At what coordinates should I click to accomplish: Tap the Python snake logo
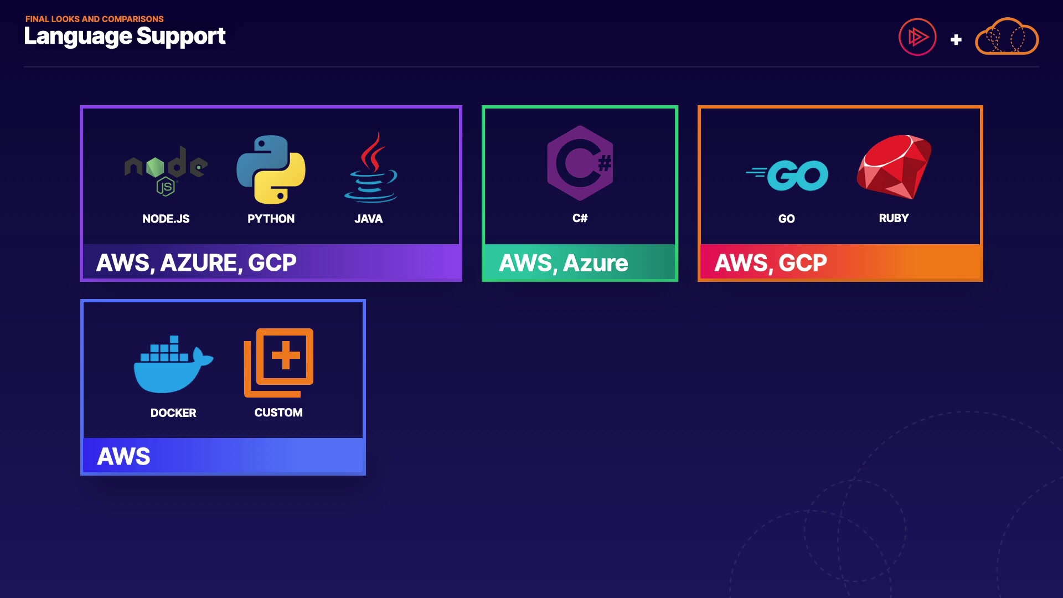[271, 169]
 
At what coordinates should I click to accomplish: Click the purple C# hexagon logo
[580, 163]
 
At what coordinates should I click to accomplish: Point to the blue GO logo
[787, 175]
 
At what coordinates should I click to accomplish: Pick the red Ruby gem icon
[894, 167]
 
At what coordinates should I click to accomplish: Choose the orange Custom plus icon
[278, 363]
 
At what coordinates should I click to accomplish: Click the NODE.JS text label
[166, 219]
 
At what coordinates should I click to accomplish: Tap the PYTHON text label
[271, 219]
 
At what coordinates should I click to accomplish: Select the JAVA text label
[368, 219]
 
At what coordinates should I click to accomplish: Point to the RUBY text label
[894, 218]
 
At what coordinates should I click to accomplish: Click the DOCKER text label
[173, 413]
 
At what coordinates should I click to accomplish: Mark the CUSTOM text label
[278, 413]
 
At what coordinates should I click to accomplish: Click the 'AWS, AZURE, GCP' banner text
[196, 262]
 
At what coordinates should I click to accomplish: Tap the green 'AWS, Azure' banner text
[563, 263]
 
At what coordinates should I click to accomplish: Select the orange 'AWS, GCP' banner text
[771, 262]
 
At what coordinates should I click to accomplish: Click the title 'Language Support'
[125, 37]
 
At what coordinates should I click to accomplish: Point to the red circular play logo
[917, 37]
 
